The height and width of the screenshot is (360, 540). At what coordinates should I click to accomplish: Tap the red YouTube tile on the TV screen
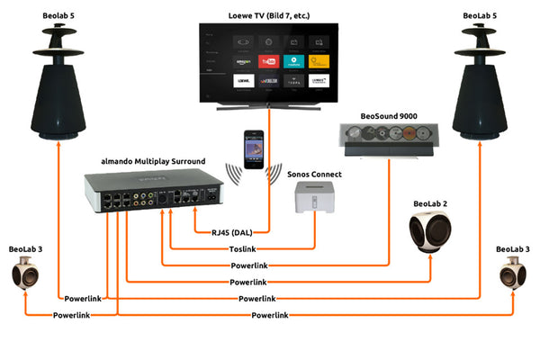point(266,61)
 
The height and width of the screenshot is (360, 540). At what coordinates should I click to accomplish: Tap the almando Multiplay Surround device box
point(153,192)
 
